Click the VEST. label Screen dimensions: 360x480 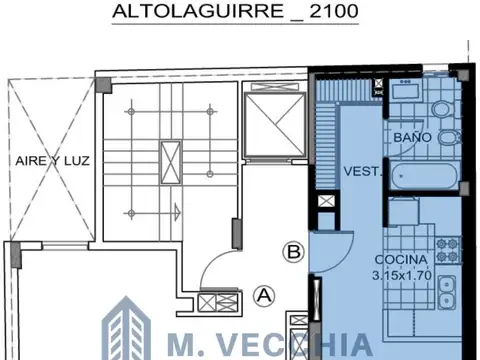[358, 172]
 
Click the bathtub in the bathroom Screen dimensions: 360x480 [426, 178]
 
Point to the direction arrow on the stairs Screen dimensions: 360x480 [177, 210]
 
